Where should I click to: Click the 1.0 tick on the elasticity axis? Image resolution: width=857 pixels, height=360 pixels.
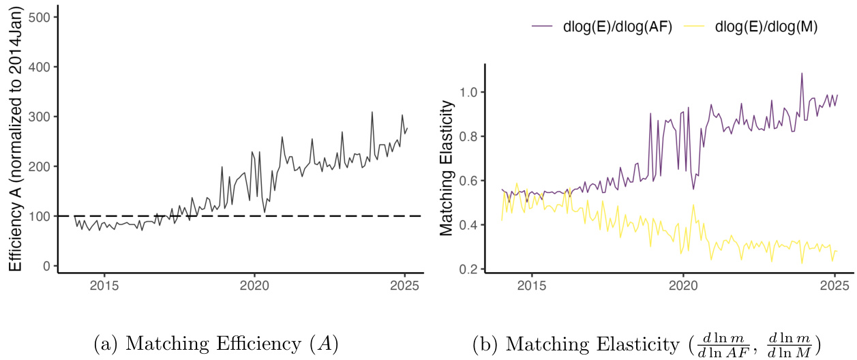(471, 92)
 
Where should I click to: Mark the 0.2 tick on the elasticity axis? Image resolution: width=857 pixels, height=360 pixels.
(471, 269)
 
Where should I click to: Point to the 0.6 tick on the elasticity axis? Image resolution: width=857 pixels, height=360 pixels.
(471, 181)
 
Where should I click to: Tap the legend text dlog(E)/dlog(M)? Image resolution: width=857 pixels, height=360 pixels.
(767, 27)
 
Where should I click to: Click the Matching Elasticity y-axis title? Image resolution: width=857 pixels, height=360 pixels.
(447, 167)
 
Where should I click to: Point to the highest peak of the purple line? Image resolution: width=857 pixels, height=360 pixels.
(802, 74)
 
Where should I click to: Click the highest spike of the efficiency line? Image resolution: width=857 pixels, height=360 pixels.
(372, 112)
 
